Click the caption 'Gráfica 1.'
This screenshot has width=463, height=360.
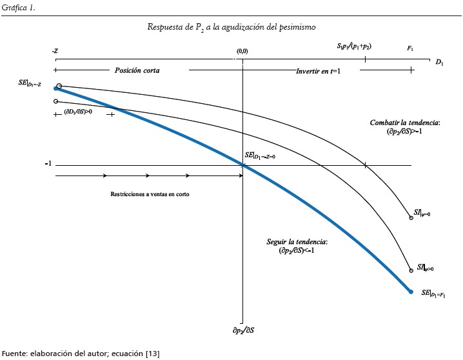(x=17, y=7)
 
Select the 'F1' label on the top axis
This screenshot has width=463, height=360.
(x=410, y=49)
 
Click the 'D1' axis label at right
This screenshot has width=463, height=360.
(x=440, y=63)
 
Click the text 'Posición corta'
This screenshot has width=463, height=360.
(x=137, y=70)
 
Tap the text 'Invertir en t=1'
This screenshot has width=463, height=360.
(x=318, y=70)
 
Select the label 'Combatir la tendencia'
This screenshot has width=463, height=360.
(x=404, y=123)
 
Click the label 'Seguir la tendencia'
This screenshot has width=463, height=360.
(x=297, y=242)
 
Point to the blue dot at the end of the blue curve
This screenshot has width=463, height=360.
(x=411, y=292)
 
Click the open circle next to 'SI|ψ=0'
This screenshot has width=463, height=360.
(x=411, y=219)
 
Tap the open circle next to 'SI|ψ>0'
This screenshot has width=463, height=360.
(x=411, y=271)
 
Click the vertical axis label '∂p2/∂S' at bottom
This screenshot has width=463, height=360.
(x=242, y=330)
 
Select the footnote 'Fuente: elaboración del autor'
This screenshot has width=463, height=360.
(x=81, y=353)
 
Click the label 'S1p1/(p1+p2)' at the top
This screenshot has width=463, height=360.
(x=354, y=47)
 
